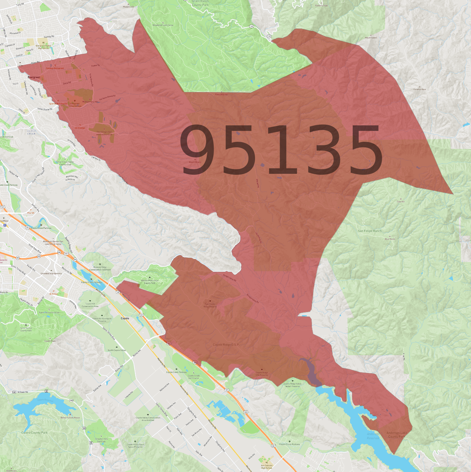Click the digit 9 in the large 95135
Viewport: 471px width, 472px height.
[x=200, y=150]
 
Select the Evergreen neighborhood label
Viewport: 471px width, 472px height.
[x=34, y=77]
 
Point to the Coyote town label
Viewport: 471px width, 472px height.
[x=125, y=318]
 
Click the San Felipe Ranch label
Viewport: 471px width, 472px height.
[x=370, y=231]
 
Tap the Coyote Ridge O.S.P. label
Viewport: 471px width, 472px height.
[x=226, y=345]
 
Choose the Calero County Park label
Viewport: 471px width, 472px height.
[x=34, y=432]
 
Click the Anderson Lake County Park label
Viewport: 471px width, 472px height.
[x=397, y=435]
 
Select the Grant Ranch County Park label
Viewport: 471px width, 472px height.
[x=200, y=3]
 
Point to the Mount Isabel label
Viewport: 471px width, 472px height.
[x=371, y=38]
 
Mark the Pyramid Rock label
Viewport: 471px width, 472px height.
[x=420, y=89]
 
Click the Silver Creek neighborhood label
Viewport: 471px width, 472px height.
[x=31, y=132]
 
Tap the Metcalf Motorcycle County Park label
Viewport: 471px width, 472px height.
[x=150, y=281]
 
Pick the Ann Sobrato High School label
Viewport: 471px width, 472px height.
[x=266, y=466]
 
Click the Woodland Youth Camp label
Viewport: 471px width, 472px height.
[x=163, y=25]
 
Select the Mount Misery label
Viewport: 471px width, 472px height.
[x=195, y=162]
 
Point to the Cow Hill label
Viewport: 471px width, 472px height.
[x=401, y=202]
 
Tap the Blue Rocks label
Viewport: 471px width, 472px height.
[x=390, y=239]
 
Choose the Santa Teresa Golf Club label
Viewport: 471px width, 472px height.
[x=49, y=312]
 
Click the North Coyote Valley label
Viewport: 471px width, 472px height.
[x=117, y=350]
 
